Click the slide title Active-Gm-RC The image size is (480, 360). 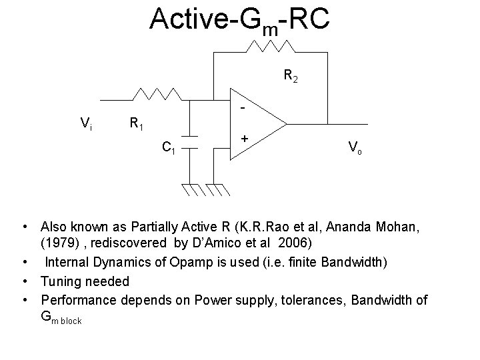tap(239, 20)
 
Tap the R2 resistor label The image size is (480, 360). tap(291, 77)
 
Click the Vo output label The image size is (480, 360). tap(355, 147)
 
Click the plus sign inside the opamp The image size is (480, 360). tap(246, 138)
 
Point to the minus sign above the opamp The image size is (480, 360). tap(243, 107)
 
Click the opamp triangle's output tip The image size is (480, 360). tap(285, 124)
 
